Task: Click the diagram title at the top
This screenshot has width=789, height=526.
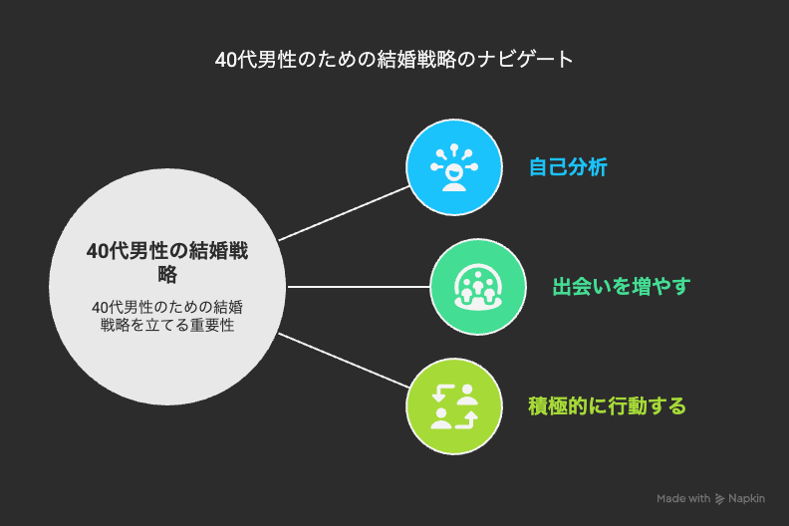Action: point(394,60)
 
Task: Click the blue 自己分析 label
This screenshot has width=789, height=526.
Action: point(568,167)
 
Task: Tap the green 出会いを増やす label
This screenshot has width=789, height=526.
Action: point(622,286)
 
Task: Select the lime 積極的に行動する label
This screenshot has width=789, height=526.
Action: point(607,405)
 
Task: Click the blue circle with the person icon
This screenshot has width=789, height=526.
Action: point(454,167)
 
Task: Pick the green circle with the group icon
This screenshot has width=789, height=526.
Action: point(478,287)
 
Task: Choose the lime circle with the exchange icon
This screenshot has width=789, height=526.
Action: point(454,406)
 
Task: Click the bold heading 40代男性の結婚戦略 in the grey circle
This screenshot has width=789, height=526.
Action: point(167,262)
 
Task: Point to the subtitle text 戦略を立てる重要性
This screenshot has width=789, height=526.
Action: point(167,325)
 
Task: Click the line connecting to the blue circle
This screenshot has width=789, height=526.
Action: point(344,213)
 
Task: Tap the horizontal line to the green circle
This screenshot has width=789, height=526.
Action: point(359,287)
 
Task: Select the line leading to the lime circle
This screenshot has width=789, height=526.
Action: point(344,361)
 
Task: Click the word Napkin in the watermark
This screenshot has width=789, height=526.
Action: point(747,498)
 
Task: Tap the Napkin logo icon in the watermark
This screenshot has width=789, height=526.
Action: point(719,499)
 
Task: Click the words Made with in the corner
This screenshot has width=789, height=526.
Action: point(683,498)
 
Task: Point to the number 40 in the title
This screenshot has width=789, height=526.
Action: point(225,60)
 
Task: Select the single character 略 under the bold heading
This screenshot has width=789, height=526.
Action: point(167,275)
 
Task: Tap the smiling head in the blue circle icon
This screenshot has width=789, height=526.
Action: point(454,171)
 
